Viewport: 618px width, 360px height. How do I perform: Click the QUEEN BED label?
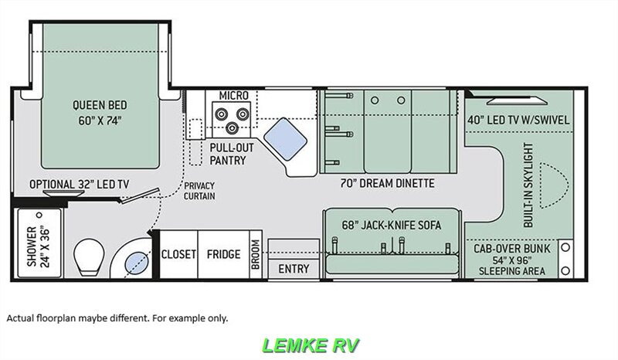point(100,105)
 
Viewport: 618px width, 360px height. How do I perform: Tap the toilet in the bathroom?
point(89,256)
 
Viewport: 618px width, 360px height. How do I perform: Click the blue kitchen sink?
point(285,139)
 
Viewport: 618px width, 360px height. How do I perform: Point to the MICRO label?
point(234,96)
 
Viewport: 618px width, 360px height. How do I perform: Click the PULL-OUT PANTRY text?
point(232,154)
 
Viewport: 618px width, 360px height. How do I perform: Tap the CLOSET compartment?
point(178,254)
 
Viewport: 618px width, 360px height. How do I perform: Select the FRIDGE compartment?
point(223,254)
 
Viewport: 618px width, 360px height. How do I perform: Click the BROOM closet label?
point(256,255)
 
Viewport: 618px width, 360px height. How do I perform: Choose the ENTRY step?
point(294,269)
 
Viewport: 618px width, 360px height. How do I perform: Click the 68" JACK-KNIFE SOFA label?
point(392,225)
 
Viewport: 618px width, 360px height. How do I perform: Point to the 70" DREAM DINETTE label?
point(388,183)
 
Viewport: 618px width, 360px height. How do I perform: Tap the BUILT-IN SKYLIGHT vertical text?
point(528,185)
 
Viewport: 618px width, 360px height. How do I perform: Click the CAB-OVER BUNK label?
point(511,249)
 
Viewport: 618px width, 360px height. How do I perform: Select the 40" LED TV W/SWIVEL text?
point(518,120)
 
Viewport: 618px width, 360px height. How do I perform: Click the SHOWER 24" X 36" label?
point(39,246)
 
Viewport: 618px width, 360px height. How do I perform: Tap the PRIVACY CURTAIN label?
point(199,191)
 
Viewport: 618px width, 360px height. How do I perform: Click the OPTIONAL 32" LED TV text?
point(79,184)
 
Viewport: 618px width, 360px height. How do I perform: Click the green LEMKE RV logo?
point(311,345)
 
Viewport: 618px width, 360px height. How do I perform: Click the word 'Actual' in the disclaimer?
point(20,318)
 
